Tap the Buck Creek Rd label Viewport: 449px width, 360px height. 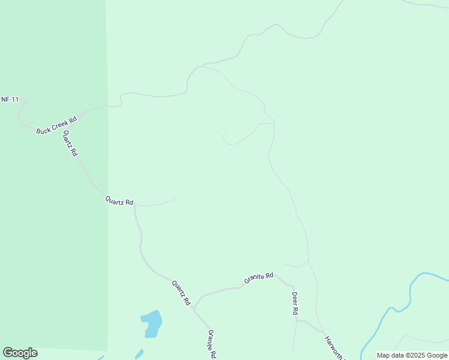(57, 122)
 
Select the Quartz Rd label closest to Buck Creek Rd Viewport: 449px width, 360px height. (70, 143)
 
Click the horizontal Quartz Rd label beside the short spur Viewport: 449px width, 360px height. (119, 202)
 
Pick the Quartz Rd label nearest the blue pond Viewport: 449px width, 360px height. (181, 292)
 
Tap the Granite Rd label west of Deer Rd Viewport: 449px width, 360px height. (259, 278)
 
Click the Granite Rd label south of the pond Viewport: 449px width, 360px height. (211, 344)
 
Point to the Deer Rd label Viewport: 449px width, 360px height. (295, 304)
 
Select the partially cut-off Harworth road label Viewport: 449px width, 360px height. (334, 348)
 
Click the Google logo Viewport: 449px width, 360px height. (20, 353)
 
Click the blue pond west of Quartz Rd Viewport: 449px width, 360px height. (152, 323)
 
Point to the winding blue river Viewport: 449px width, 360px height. (397, 308)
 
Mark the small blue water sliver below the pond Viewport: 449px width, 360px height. (139, 353)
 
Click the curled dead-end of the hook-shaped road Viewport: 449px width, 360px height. (223, 137)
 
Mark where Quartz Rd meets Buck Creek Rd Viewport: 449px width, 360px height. (79, 114)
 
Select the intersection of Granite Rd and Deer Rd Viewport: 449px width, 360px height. (294, 284)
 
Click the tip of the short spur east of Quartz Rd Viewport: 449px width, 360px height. (175, 198)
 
